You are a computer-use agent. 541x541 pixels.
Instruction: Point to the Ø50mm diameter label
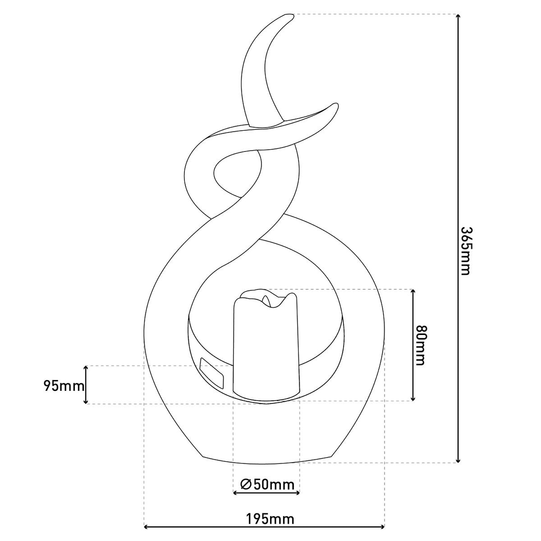click(267, 485)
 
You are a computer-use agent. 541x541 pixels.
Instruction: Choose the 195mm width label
click(270, 519)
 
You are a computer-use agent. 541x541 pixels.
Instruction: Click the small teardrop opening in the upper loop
click(237, 174)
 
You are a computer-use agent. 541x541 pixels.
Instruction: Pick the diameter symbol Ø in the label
click(246, 485)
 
